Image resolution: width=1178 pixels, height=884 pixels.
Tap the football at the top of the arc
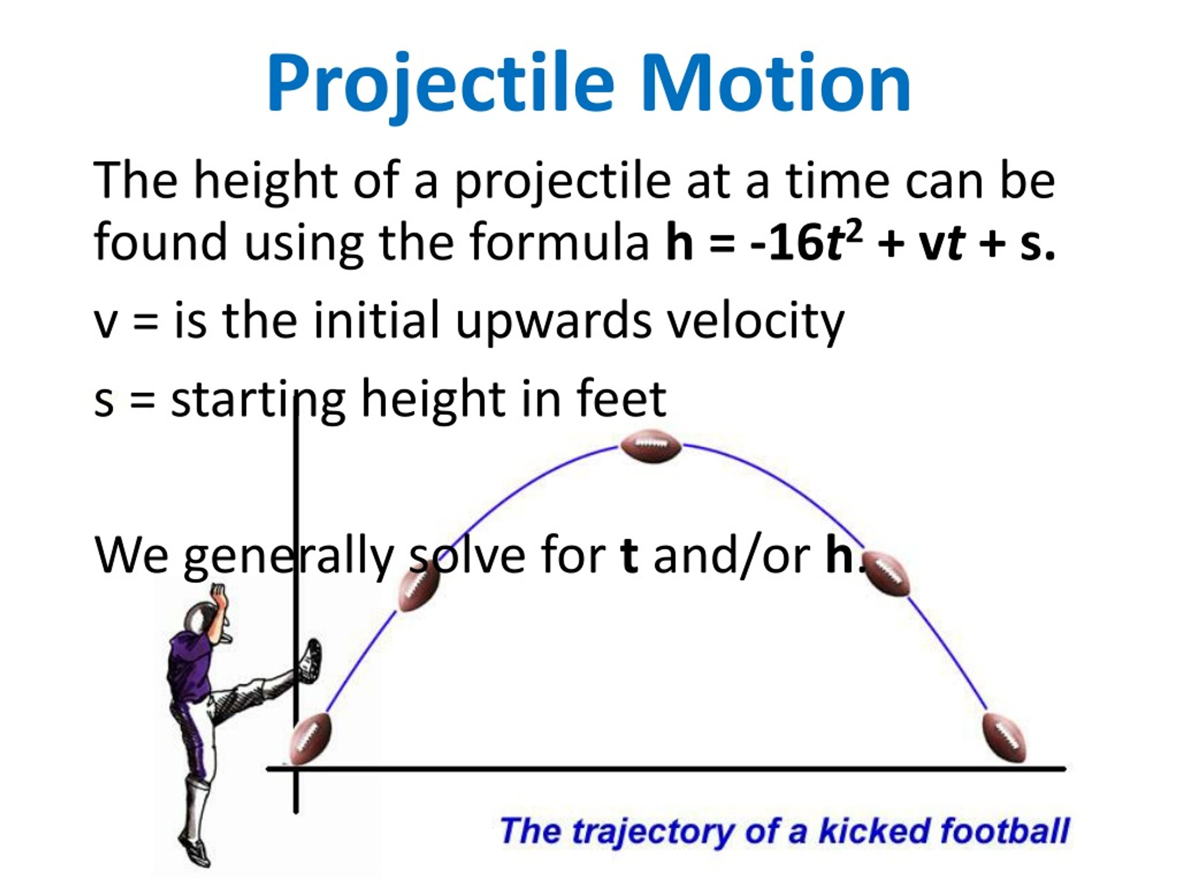coord(651,447)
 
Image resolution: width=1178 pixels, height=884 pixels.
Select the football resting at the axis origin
coord(311,738)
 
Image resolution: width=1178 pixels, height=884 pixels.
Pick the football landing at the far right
coord(1005,738)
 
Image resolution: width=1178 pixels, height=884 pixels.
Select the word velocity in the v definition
coord(756,321)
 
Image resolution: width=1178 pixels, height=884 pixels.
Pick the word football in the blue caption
coord(1005,831)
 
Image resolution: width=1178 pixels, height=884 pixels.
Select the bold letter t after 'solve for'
coord(629,556)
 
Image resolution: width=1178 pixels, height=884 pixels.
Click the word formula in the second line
coord(560,243)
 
